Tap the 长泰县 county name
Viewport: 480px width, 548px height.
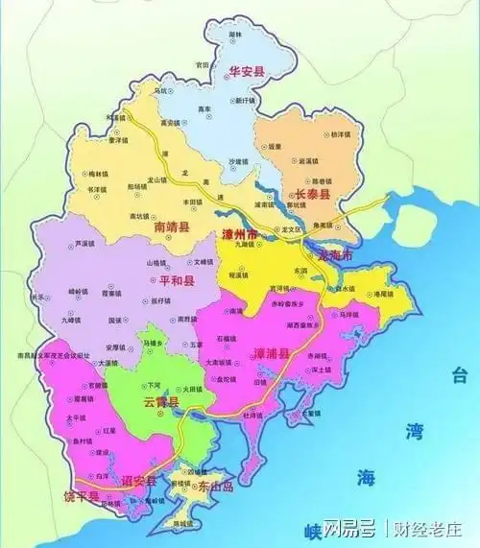click(x=311, y=195)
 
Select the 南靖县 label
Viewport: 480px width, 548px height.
click(x=172, y=227)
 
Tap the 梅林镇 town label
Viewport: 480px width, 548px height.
click(x=99, y=174)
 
